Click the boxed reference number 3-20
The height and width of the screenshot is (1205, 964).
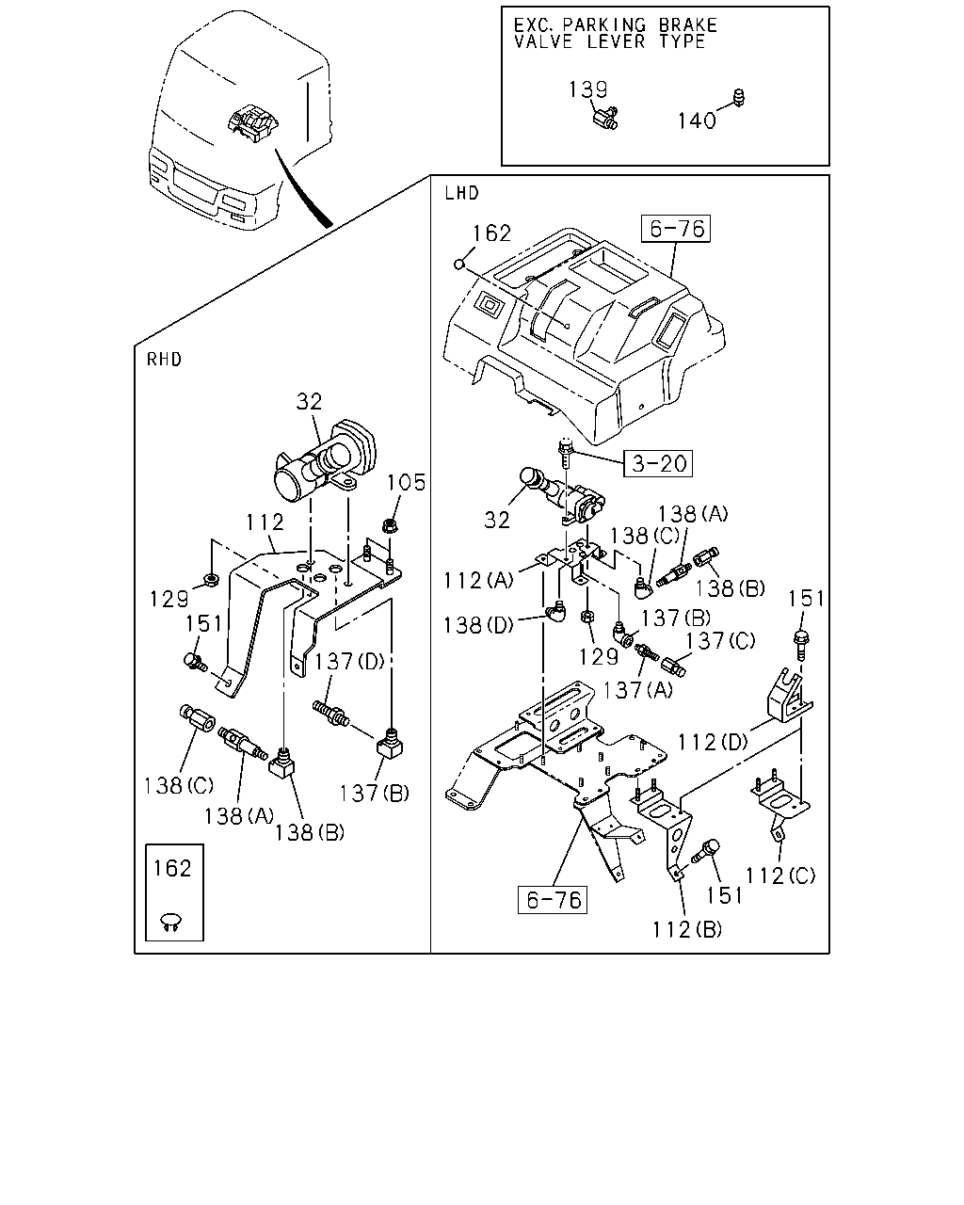click(x=658, y=463)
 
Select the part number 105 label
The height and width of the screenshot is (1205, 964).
click(x=406, y=482)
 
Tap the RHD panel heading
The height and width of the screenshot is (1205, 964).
click(x=164, y=359)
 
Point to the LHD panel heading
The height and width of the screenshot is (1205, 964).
click(x=461, y=193)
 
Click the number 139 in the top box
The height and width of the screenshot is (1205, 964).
click(x=587, y=89)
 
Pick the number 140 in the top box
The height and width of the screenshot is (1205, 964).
click(x=697, y=120)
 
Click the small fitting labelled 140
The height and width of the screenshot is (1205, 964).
click(x=739, y=97)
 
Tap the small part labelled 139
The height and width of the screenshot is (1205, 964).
click(x=606, y=118)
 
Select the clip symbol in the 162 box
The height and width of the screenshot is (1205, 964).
click(x=172, y=919)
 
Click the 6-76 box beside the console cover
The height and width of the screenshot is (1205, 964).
click(x=676, y=229)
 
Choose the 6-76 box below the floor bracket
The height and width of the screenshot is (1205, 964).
click(x=553, y=900)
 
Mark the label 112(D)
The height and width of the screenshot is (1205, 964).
click(x=713, y=743)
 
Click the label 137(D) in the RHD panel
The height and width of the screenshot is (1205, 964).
click(x=349, y=661)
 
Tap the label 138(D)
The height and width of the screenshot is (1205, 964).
click(x=478, y=625)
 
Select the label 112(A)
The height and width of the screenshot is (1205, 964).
click(x=478, y=580)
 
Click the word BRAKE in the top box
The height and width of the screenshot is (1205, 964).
click(x=687, y=25)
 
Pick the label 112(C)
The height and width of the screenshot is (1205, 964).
click(x=780, y=876)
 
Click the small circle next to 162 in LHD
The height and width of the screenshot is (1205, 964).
click(x=459, y=264)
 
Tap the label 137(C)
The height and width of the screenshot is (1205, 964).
click(x=720, y=640)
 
